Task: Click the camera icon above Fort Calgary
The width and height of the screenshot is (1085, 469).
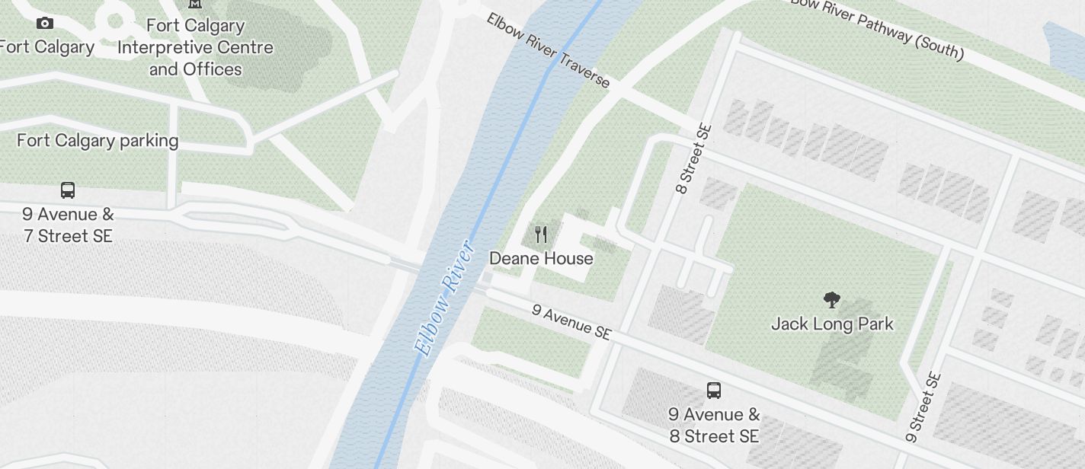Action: pyautogui.click(x=45, y=23)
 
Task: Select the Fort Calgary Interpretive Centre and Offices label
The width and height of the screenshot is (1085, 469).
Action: pyautogui.click(x=195, y=47)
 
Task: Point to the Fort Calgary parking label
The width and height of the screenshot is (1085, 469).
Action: pyautogui.click(x=98, y=141)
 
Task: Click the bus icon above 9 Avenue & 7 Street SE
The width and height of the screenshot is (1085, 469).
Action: pyautogui.click(x=68, y=190)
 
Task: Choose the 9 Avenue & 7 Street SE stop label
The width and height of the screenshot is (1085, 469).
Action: pyautogui.click(x=68, y=225)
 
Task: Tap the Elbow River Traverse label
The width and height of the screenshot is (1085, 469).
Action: pyautogui.click(x=549, y=50)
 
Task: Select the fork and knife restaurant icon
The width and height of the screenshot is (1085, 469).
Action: pyautogui.click(x=541, y=234)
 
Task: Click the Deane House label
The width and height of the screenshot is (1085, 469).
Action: pyautogui.click(x=541, y=259)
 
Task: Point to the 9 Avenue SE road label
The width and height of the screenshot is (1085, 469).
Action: pyautogui.click(x=571, y=322)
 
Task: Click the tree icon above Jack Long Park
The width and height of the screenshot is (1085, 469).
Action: pyautogui.click(x=832, y=300)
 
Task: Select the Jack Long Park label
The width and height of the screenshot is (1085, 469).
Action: pyautogui.click(x=832, y=324)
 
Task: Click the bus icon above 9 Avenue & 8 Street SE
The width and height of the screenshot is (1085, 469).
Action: pyautogui.click(x=714, y=391)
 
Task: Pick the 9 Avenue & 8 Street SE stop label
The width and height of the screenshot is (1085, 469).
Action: pyautogui.click(x=714, y=426)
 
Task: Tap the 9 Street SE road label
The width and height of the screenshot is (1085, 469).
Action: pyautogui.click(x=923, y=407)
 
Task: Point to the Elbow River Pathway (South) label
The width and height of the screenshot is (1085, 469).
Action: pyautogui.click(x=876, y=29)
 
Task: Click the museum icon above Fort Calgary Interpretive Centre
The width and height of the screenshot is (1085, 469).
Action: pyautogui.click(x=195, y=4)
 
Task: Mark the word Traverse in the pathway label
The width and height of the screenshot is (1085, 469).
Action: pyautogui.click(x=583, y=69)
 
